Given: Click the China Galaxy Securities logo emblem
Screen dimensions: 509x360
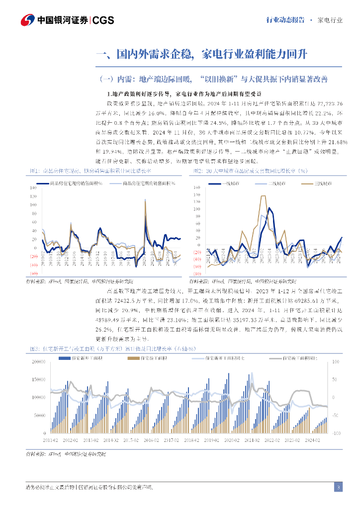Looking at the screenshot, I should (28, 20).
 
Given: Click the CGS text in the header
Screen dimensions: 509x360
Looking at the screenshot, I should (103, 20).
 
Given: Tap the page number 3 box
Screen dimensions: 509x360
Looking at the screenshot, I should (338, 487).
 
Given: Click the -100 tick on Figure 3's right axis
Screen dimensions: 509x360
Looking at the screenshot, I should (336, 433).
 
